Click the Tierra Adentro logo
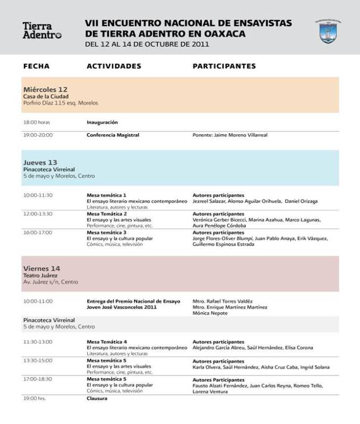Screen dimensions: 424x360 point(41,30)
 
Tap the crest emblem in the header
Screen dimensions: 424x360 point(328,32)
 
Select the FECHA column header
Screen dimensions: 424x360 point(36,66)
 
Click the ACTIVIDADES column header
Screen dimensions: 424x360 point(114,66)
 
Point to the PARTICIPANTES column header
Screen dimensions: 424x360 point(224,66)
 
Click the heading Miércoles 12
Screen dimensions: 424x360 point(45,89)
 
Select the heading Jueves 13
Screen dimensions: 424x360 point(40,162)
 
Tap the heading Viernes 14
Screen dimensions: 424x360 point(41,269)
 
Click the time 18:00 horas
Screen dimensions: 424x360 point(36,122)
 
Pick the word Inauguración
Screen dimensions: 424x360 point(102,122)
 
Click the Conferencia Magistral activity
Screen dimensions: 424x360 point(113,135)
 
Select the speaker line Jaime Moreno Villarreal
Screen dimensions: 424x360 point(230,135)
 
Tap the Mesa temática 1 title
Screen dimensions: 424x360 point(106,195)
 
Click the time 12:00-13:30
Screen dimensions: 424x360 point(38,213)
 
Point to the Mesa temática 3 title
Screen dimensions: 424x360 point(106,232)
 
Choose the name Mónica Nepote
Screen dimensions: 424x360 point(210,313)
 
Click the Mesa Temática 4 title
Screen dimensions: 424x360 point(107,342)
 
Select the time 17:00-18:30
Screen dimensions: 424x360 point(38,379)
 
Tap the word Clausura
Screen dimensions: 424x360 point(97,398)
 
